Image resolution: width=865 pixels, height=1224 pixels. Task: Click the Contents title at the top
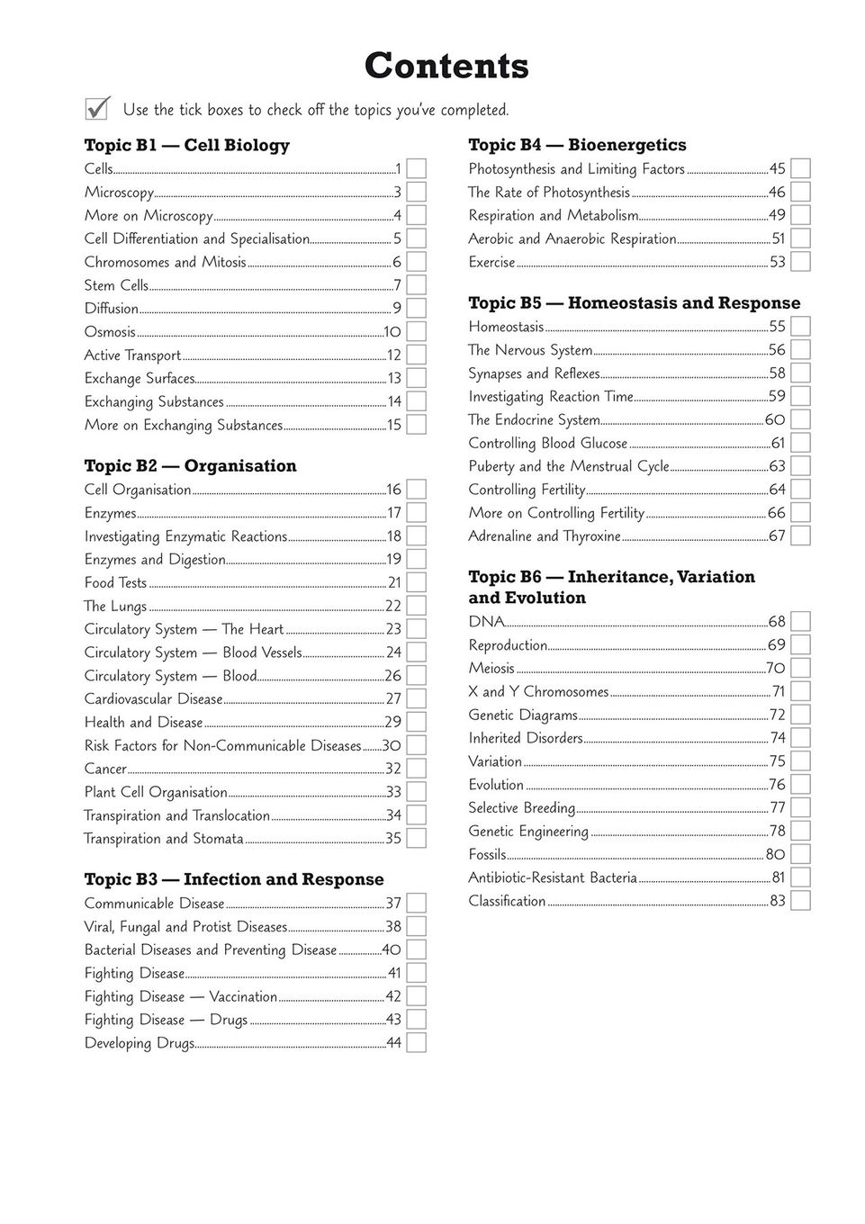tap(446, 66)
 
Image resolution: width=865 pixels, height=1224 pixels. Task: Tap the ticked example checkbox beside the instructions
tap(97, 108)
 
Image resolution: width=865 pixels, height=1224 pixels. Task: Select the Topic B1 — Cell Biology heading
tap(186, 145)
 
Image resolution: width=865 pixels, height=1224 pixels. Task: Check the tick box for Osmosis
tap(416, 332)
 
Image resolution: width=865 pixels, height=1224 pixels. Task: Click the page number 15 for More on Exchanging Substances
tap(394, 425)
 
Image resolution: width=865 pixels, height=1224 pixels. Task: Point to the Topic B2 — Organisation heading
tap(190, 465)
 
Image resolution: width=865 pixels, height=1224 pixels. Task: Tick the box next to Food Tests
tap(416, 582)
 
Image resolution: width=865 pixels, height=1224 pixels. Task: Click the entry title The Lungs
tap(115, 606)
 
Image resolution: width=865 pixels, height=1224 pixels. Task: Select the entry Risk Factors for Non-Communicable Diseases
tap(222, 745)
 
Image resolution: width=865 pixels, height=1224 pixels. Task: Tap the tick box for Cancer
tap(416, 769)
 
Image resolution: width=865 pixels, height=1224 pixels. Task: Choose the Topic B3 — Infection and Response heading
tap(234, 879)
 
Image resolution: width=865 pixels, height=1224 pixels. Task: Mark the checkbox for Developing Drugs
tap(416, 1043)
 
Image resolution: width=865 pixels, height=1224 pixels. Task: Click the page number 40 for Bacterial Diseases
tap(392, 949)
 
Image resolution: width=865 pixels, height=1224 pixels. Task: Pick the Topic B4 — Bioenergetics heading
tap(577, 145)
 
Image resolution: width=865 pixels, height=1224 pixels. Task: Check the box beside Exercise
tap(800, 262)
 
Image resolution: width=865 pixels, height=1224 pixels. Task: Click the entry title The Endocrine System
tap(534, 419)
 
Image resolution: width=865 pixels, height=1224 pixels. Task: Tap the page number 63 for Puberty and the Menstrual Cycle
tap(777, 466)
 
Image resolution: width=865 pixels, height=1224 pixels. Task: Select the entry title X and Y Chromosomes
tap(538, 691)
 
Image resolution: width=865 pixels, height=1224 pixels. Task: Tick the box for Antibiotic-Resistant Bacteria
tap(800, 877)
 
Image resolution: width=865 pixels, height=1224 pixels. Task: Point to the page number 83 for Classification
tap(778, 901)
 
